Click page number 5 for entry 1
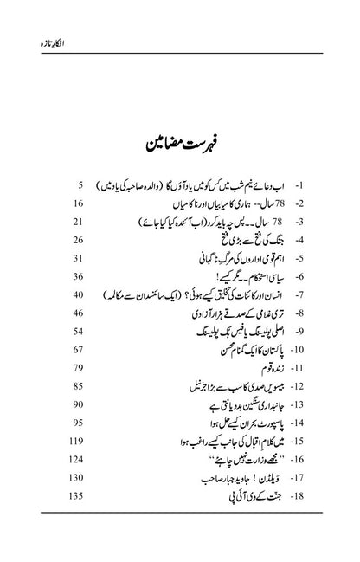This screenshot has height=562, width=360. (78, 210)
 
